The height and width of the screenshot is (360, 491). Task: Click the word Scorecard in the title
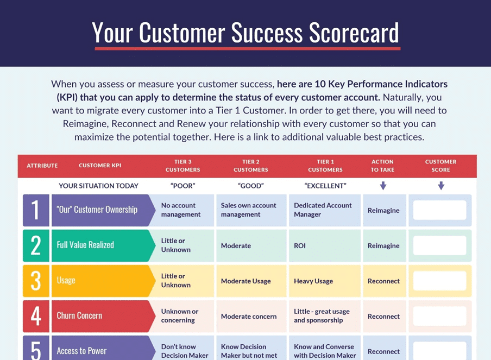coord(354,33)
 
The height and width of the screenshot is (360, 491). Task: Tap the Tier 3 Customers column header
coord(183,166)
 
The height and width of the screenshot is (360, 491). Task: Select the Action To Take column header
coord(382,166)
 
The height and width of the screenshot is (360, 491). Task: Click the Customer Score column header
coord(440,166)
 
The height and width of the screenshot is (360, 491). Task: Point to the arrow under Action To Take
coord(383,186)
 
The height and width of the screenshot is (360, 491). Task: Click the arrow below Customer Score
coord(441,186)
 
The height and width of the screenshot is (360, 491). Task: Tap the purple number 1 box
coord(36,210)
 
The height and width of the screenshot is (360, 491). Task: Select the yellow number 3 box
coord(36,281)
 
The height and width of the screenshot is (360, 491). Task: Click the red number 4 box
coord(36,316)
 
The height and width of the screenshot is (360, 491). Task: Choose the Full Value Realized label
coord(85,245)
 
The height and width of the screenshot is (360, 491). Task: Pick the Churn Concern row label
coord(79,315)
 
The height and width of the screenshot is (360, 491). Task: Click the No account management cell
coord(181,210)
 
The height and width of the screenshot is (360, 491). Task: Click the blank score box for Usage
coord(439,281)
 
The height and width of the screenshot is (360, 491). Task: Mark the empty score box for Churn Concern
coord(439,316)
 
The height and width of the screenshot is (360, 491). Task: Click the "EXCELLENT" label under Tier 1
coord(325,186)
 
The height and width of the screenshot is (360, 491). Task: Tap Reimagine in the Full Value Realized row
coord(383,246)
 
